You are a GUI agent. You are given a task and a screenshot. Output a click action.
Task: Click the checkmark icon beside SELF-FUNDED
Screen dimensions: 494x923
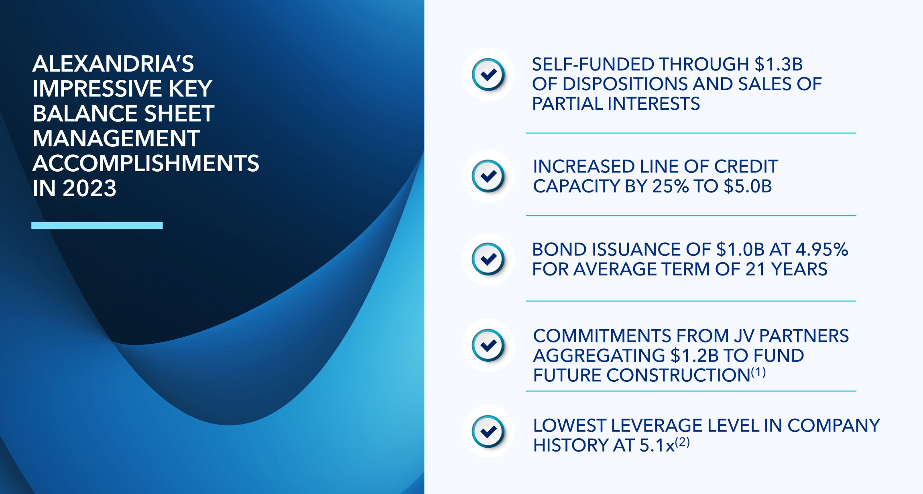488,75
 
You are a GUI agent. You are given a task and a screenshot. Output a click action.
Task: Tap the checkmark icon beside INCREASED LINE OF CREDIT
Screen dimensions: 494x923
488,176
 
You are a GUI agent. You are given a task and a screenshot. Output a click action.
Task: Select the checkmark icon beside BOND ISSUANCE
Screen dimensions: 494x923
488,259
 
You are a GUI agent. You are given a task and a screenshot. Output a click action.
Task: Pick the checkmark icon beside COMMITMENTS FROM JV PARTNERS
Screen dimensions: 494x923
488,345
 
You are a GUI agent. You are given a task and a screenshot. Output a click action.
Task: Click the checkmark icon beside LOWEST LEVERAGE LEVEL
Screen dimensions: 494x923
488,432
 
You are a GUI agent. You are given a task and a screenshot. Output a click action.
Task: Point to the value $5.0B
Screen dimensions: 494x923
748,186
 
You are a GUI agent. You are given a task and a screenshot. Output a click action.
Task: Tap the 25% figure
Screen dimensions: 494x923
670,186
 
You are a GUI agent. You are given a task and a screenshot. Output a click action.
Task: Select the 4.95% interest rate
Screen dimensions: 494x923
821,249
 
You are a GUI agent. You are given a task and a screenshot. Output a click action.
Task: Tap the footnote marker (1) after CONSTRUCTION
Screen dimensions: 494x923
758,373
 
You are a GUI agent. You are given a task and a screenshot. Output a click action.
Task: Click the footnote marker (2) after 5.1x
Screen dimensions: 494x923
682,442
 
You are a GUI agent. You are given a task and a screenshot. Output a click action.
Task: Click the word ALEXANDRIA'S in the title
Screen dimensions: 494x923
113,64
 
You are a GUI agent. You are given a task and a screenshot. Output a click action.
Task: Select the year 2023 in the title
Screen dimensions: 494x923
89,188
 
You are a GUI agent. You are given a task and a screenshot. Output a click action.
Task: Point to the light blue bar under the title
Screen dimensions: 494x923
97,225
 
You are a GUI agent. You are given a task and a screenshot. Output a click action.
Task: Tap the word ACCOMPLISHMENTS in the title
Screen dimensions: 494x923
146,163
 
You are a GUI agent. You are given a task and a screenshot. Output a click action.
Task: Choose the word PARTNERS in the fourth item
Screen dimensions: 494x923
804,336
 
